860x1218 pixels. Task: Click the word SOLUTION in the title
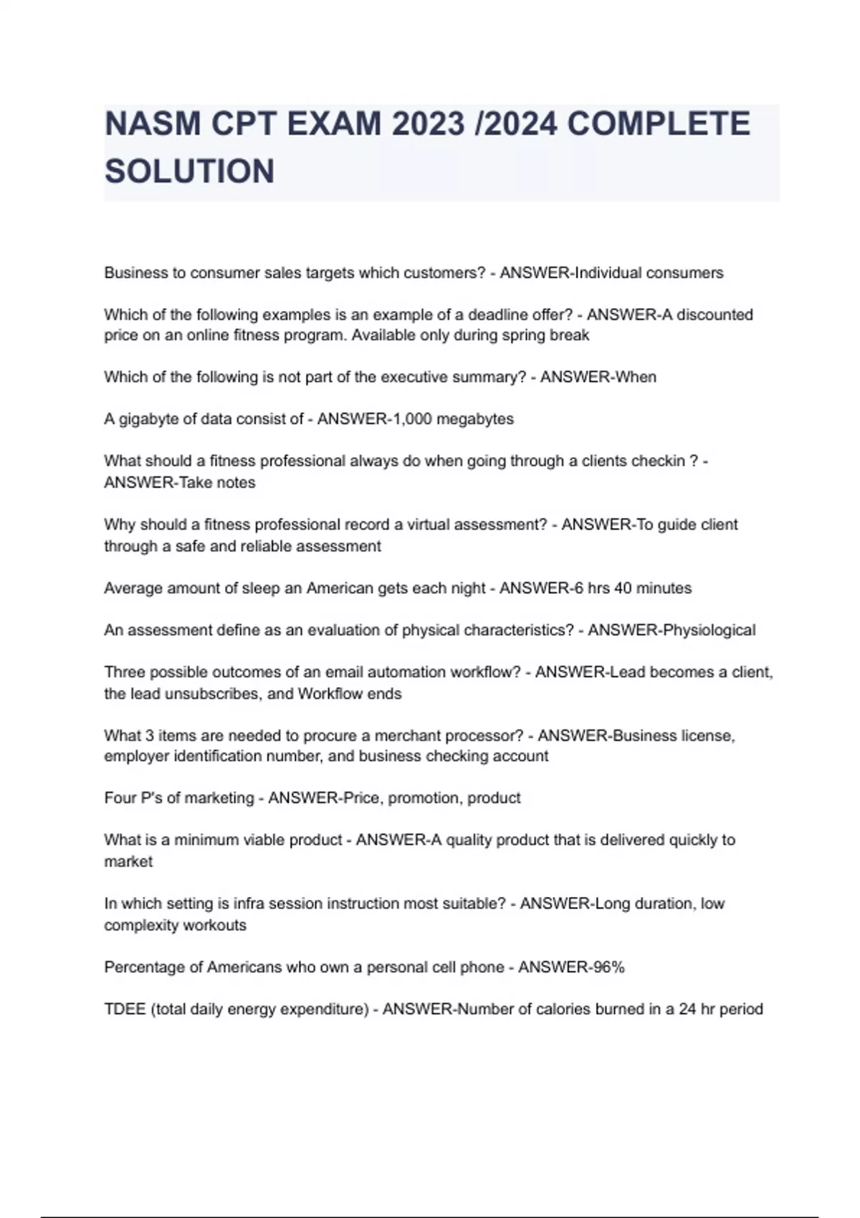189,171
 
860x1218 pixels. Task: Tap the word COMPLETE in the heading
659,124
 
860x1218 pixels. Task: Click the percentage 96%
608,967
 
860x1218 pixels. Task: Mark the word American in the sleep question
343,588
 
